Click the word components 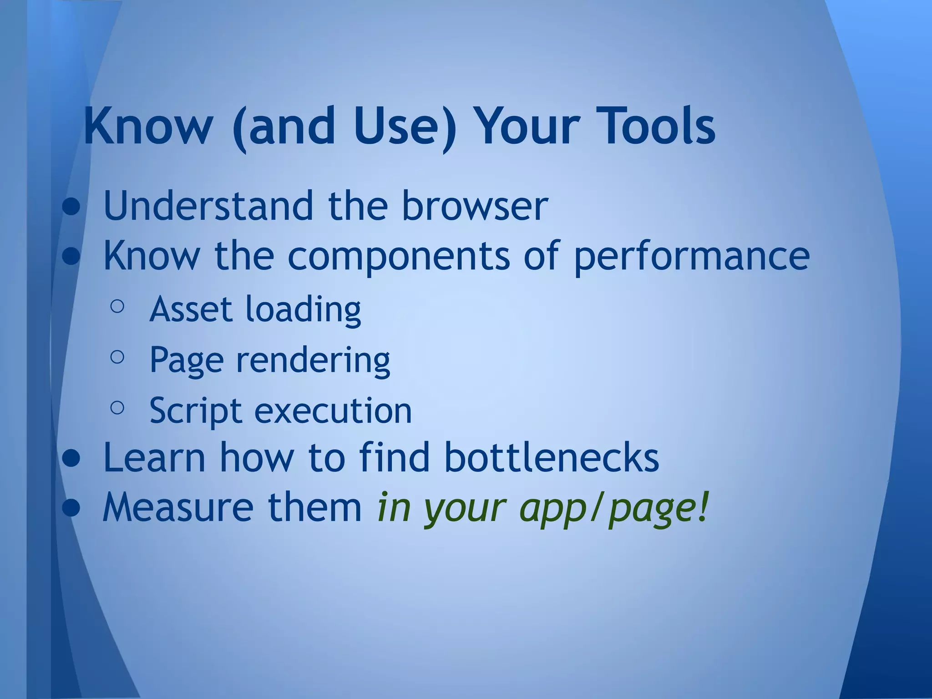[398, 256]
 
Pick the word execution [333, 410]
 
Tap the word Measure [178, 507]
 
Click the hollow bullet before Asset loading [117, 306]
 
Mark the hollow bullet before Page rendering [117, 357]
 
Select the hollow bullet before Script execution [117, 408]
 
